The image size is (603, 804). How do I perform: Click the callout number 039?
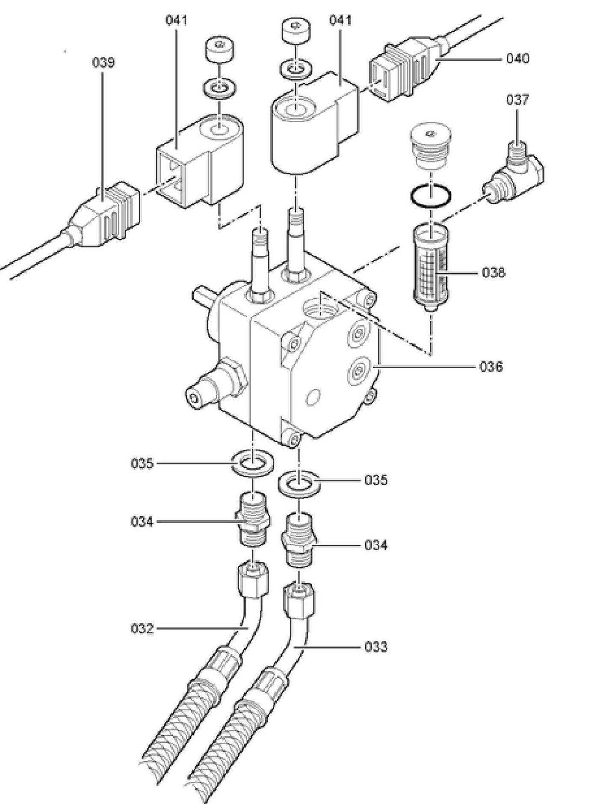tap(103, 63)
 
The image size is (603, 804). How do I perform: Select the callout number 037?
tap(517, 100)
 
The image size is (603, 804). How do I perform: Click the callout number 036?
tap(491, 366)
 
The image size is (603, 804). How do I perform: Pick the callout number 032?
tap(142, 628)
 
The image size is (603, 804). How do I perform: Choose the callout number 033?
tap(376, 647)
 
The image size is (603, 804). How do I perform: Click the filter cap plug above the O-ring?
tap(430, 146)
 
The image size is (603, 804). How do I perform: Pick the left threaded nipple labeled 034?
tap(253, 519)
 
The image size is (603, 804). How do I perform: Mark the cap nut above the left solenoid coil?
tap(220, 51)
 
